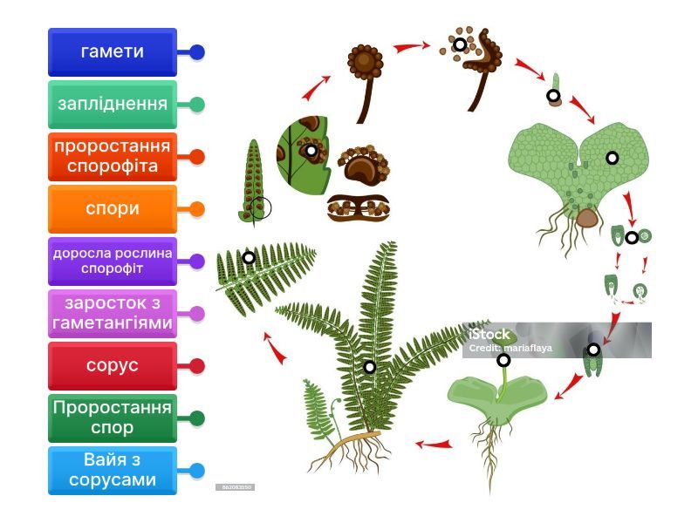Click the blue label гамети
(112, 52)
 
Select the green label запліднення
(112, 105)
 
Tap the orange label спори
(112, 209)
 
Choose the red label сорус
(112, 366)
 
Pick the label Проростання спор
(112, 418)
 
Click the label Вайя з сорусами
(112, 471)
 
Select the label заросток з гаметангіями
(112, 314)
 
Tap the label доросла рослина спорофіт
(112, 261)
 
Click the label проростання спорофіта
(112, 157)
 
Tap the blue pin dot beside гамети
(197, 52)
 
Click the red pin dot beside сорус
(197, 366)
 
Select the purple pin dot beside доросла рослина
(197, 261)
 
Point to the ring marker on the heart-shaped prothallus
(612, 158)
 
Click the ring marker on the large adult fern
(370, 367)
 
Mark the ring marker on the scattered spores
(460, 44)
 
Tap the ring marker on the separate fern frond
(249, 258)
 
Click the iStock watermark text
(489, 334)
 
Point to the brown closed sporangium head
(365, 61)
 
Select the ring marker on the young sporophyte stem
(503, 360)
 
